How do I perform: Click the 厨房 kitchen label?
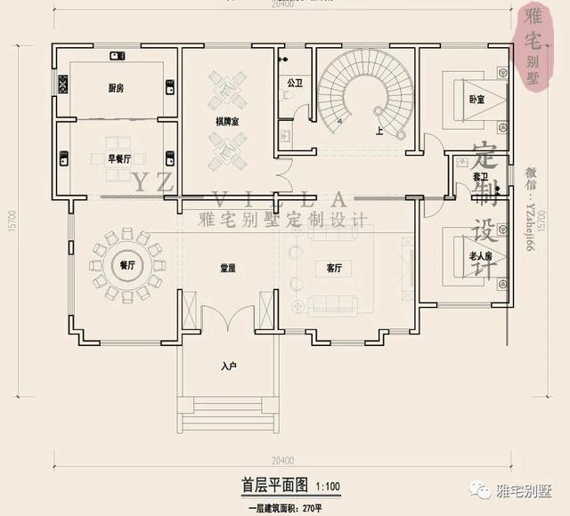coord(117,88)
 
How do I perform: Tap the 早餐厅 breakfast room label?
coord(119,158)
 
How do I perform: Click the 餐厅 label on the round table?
coord(126,265)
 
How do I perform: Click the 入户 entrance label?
coord(228,366)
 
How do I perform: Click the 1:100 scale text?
coord(327,487)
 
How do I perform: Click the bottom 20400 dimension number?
coord(282,460)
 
